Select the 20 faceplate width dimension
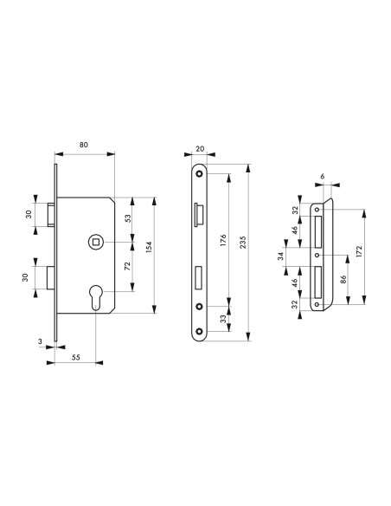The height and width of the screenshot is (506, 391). coord(201,150)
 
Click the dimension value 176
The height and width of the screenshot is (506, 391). coord(222,240)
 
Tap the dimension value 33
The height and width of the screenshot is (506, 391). coord(222,319)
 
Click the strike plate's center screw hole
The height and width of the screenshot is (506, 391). coord(318,256)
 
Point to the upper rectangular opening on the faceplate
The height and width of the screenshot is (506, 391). coord(199,211)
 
